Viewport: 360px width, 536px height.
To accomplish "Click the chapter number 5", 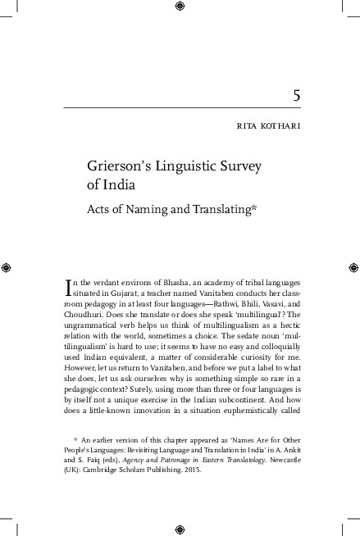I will tap(296, 95).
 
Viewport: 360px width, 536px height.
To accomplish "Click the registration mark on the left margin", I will tap(6, 267).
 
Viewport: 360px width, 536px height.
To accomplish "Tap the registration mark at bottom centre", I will tap(180, 529).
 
